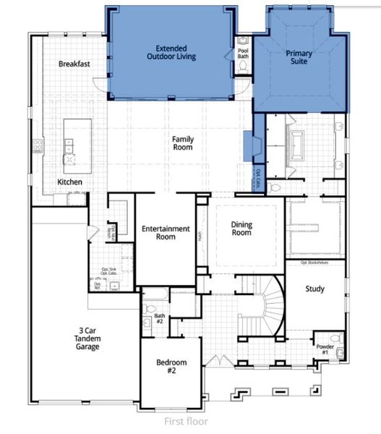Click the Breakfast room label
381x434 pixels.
click(x=74, y=64)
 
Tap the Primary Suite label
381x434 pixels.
click(x=298, y=58)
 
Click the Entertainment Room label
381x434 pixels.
click(x=166, y=232)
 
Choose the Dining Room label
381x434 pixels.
click(x=241, y=229)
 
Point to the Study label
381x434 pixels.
click(x=314, y=289)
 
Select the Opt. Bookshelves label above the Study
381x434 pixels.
click(x=314, y=263)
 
